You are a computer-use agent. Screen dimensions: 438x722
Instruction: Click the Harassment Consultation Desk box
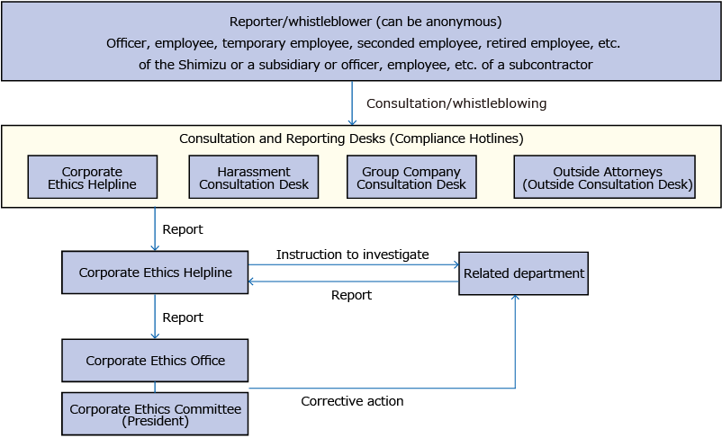pyautogui.click(x=253, y=177)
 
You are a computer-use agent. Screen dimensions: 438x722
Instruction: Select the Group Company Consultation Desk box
pyautogui.click(x=411, y=177)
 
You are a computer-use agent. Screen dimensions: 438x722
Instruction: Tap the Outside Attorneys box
pyautogui.click(x=604, y=177)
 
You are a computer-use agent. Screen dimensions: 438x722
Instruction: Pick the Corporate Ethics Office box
pyautogui.click(x=155, y=361)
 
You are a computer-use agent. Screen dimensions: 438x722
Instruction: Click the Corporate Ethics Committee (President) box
pyautogui.click(x=155, y=414)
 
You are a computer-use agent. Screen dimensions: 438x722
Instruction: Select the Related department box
pyautogui.click(x=523, y=273)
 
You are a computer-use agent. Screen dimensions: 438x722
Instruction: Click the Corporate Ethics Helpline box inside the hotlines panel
pyautogui.click(x=92, y=177)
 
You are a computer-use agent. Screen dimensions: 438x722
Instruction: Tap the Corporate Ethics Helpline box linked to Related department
pyautogui.click(x=155, y=273)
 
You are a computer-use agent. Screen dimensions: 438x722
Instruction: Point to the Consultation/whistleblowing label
pyautogui.click(x=456, y=103)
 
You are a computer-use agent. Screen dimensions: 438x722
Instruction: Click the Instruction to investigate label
pyautogui.click(x=352, y=255)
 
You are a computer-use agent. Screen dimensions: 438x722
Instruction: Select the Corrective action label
pyautogui.click(x=352, y=401)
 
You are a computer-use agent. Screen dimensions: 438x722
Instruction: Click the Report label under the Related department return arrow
pyautogui.click(x=351, y=295)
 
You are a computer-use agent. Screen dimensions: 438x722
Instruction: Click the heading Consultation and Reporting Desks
pyautogui.click(x=351, y=139)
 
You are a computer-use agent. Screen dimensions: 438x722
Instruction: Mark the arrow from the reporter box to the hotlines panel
pyautogui.click(x=352, y=103)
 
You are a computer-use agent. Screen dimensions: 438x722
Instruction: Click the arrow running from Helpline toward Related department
pyautogui.click(x=353, y=264)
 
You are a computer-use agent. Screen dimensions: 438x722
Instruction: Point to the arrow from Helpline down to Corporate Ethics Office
pyautogui.click(x=155, y=317)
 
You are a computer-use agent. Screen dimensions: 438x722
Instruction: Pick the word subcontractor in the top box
pyautogui.click(x=553, y=65)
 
